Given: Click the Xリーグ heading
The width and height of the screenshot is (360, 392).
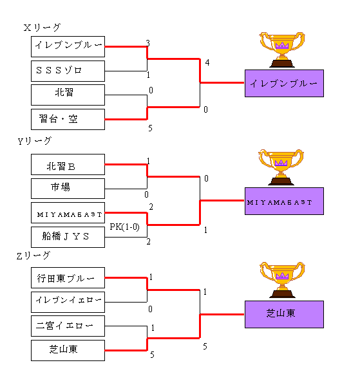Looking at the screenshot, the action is (x=42, y=27).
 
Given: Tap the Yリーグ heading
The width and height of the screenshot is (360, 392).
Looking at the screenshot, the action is (x=35, y=141).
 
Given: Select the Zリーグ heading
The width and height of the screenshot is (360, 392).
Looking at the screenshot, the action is (x=33, y=256).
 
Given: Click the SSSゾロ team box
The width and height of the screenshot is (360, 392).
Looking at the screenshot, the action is (x=68, y=71).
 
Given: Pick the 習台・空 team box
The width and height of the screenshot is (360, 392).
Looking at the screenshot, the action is (x=68, y=119).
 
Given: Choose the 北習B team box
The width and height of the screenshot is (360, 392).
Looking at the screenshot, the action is (x=68, y=165).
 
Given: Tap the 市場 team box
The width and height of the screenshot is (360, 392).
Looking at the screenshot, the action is (x=68, y=189).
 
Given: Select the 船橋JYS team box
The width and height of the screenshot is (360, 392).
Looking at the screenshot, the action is (x=68, y=237).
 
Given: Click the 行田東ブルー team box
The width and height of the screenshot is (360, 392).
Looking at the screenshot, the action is (x=68, y=278).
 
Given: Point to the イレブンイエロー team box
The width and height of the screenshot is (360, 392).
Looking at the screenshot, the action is (x=68, y=302).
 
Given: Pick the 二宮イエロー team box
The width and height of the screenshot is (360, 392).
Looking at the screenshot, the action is (x=68, y=326).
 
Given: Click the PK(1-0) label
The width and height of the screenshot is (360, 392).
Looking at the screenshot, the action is (x=124, y=227).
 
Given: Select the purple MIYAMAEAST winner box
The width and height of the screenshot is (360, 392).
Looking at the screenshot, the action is (x=284, y=201).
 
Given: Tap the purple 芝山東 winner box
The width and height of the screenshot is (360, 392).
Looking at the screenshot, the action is (x=284, y=314).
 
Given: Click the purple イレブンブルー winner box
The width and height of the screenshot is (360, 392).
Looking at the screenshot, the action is (x=284, y=83).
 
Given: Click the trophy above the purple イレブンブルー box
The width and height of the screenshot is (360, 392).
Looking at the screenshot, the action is (x=282, y=50).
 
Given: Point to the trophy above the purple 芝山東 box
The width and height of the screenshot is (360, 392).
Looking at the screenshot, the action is (x=282, y=280).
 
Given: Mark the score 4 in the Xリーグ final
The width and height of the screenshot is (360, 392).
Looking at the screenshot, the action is (x=207, y=62).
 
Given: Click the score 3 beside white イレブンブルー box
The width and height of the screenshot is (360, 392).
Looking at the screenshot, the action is (x=148, y=43).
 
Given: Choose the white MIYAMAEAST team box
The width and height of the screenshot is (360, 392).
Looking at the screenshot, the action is (x=68, y=213).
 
